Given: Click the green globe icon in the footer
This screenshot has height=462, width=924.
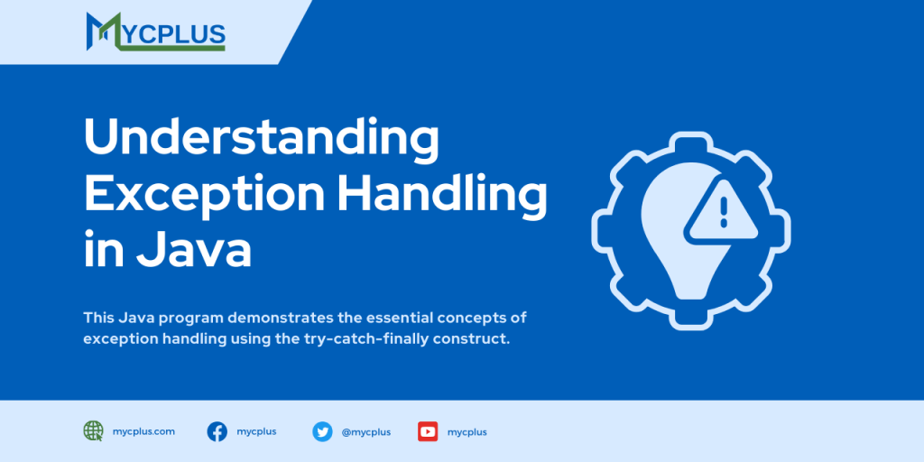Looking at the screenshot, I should tap(93, 431).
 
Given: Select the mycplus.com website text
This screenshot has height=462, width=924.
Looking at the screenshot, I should tap(144, 431).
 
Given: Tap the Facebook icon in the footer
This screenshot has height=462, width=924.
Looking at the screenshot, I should tap(217, 431).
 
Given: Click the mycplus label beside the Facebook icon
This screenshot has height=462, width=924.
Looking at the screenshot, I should tap(256, 431).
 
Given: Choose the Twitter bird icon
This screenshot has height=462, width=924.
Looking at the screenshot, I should tap(322, 431).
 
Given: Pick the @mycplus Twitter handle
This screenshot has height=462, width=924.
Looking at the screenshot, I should tap(365, 432).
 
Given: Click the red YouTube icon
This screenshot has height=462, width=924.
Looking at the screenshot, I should tap(428, 431).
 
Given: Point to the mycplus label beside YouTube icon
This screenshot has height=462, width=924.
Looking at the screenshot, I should tap(467, 432).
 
